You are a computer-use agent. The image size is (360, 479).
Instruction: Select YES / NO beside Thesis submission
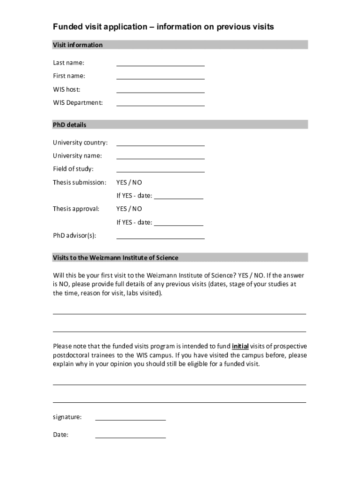click(129, 182)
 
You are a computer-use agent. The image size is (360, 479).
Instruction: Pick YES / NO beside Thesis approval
click(129, 209)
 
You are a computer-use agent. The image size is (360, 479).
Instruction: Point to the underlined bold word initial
click(240, 347)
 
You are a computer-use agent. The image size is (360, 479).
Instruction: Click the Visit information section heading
click(78, 45)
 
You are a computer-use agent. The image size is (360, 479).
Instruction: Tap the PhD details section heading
click(70, 125)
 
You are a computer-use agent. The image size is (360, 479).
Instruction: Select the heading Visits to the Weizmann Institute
click(115, 258)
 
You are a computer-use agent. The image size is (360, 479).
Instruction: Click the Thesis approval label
click(76, 209)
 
